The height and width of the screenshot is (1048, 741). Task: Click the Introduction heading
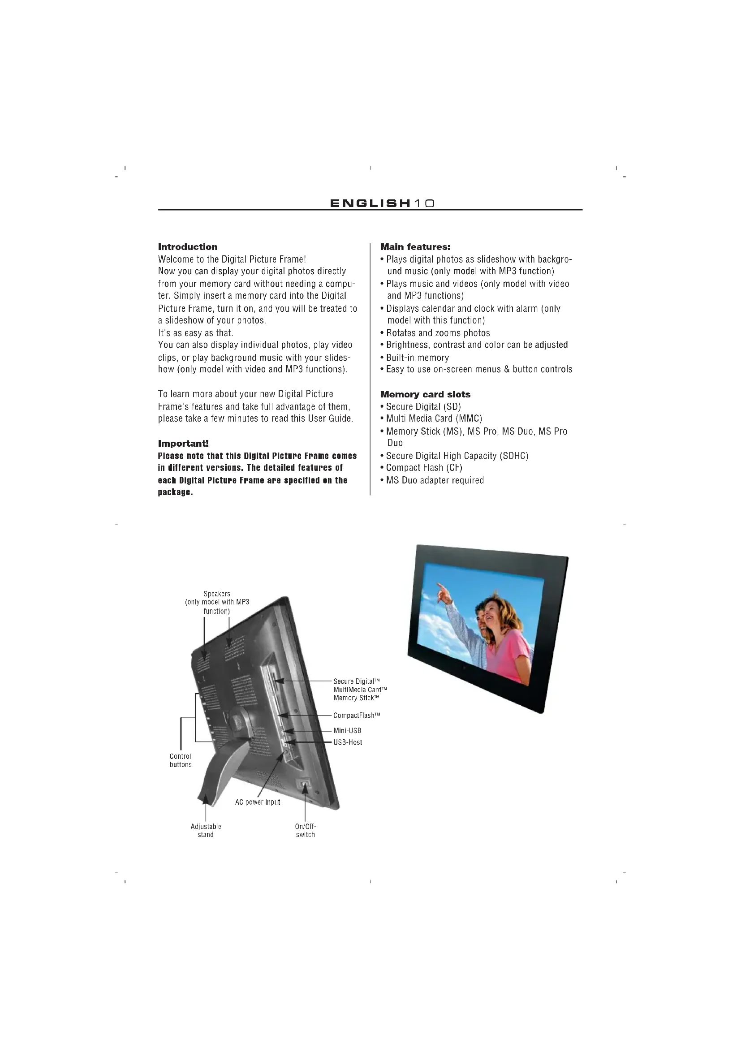click(x=188, y=247)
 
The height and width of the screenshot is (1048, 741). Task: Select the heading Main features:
click(x=415, y=247)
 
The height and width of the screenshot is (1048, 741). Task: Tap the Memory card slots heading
click(x=425, y=394)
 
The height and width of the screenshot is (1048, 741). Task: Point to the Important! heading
click(x=183, y=444)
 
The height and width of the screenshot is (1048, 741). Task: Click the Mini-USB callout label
click(x=347, y=731)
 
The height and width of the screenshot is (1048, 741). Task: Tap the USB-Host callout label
click(x=348, y=742)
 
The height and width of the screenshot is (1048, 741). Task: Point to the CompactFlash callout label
click(x=357, y=715)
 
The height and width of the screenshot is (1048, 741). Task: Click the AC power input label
click(x=257, y=802)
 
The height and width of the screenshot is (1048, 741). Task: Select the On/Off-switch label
click(x=305, y=830)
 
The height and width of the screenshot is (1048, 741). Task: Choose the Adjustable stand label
click(x=206, y=830)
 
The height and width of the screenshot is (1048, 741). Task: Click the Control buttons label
click(x=181, y=760)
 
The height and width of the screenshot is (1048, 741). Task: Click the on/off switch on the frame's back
click(x=304, y=784)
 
